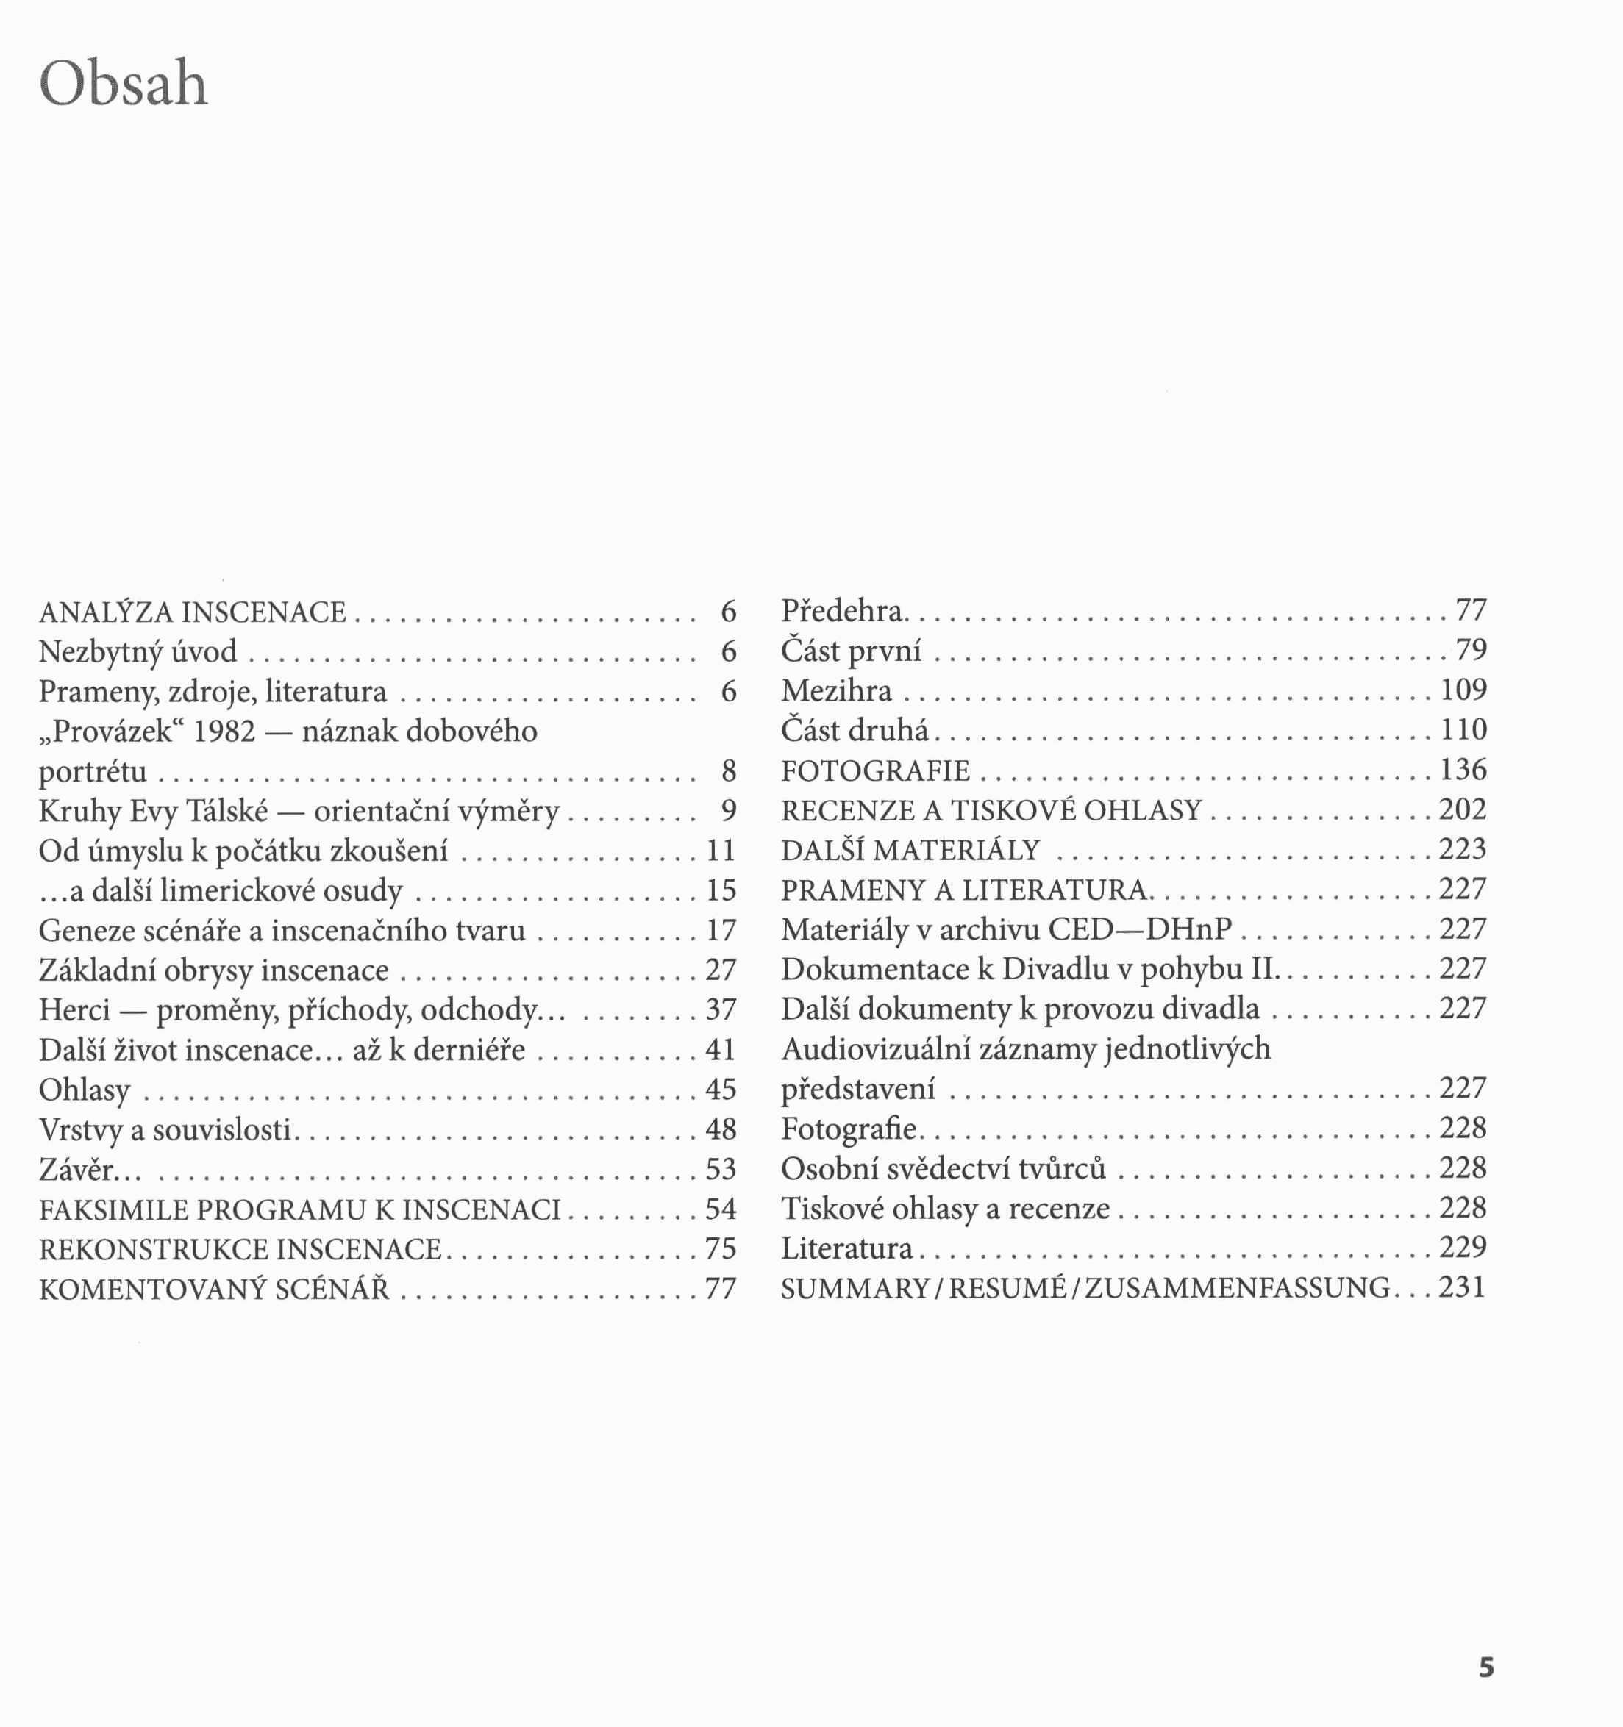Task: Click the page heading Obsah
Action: (x=124, y=85)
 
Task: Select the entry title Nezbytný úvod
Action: (x=138, y=651)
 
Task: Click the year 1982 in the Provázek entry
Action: (x=224, y=732)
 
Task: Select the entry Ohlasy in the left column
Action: (x=85, y=1090)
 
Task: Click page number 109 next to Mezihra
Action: (x=1463, y=690)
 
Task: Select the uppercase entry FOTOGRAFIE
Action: (x=875, y=770)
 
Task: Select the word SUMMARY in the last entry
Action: (x=855, y=1288)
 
